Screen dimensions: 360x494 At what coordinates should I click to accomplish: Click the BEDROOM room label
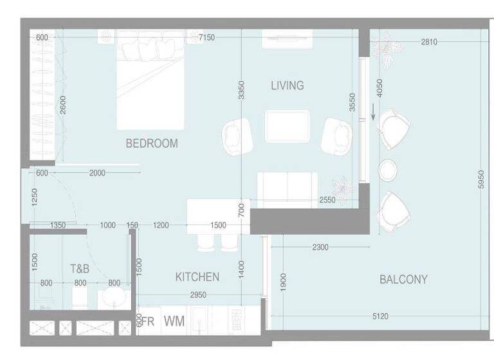(151, 143)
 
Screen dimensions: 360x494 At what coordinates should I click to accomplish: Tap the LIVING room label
(287, 85)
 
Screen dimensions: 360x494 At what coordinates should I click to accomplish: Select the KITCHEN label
(197, 277)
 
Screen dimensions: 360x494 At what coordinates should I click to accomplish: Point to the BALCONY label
(403, 280)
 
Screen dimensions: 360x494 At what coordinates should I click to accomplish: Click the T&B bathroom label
(80, 269)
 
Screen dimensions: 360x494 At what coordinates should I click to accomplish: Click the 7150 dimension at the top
(206, 38)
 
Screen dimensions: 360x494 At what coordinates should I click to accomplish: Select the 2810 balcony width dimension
(429, 42)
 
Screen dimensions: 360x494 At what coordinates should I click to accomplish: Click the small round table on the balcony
(389, 170)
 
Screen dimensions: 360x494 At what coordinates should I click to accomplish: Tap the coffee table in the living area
(287, 126)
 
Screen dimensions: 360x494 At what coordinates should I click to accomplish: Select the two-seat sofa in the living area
(286, 187)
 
